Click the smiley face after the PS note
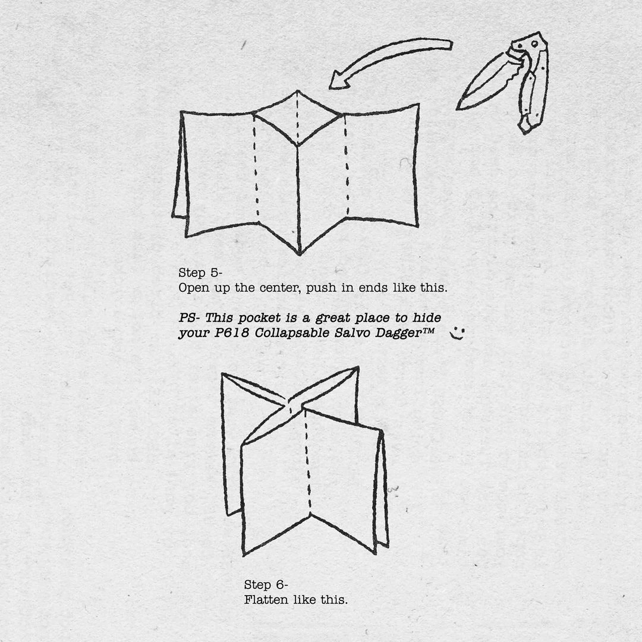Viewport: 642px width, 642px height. (x=457, y=333)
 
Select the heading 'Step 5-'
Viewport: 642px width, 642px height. (x=200, y=273)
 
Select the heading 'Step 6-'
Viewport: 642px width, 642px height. (x=266, y=585)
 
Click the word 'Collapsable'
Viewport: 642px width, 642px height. (x=292, y=333)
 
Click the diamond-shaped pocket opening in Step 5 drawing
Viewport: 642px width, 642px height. (x=298, y=118)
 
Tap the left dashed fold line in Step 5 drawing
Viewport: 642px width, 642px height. (x=256, y=166)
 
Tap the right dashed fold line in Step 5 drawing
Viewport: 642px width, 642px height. (x=347, y=166)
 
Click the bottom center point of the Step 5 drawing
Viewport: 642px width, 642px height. (x=299, y=254)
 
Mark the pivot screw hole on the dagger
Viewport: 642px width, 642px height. (x=534, y=43)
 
